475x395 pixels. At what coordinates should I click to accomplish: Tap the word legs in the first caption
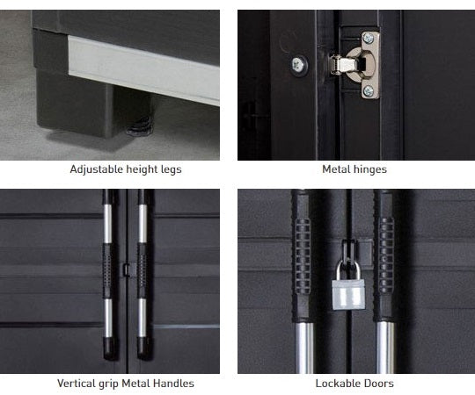tap(172, 169)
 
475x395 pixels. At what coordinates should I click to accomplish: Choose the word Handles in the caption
tap(174, 384)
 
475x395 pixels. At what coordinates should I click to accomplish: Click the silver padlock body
tap(348, 294)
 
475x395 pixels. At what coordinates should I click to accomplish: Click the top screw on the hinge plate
tap(369, 38)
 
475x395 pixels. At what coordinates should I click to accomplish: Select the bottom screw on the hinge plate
tap(369, 91)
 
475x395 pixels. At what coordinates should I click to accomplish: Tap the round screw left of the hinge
tap(299, 65)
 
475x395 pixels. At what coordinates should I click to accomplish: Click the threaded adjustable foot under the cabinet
tap(140, 126)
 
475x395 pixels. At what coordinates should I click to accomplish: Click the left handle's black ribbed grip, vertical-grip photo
tap(107, 270)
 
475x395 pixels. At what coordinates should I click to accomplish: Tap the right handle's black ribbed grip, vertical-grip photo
tap(142, 270)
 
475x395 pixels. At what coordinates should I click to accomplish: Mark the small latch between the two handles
tap(126, 269)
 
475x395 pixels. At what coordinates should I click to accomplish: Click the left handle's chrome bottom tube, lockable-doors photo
tap(304, 348)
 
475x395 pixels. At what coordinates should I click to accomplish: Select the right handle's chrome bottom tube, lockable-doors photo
tap(386, 348)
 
